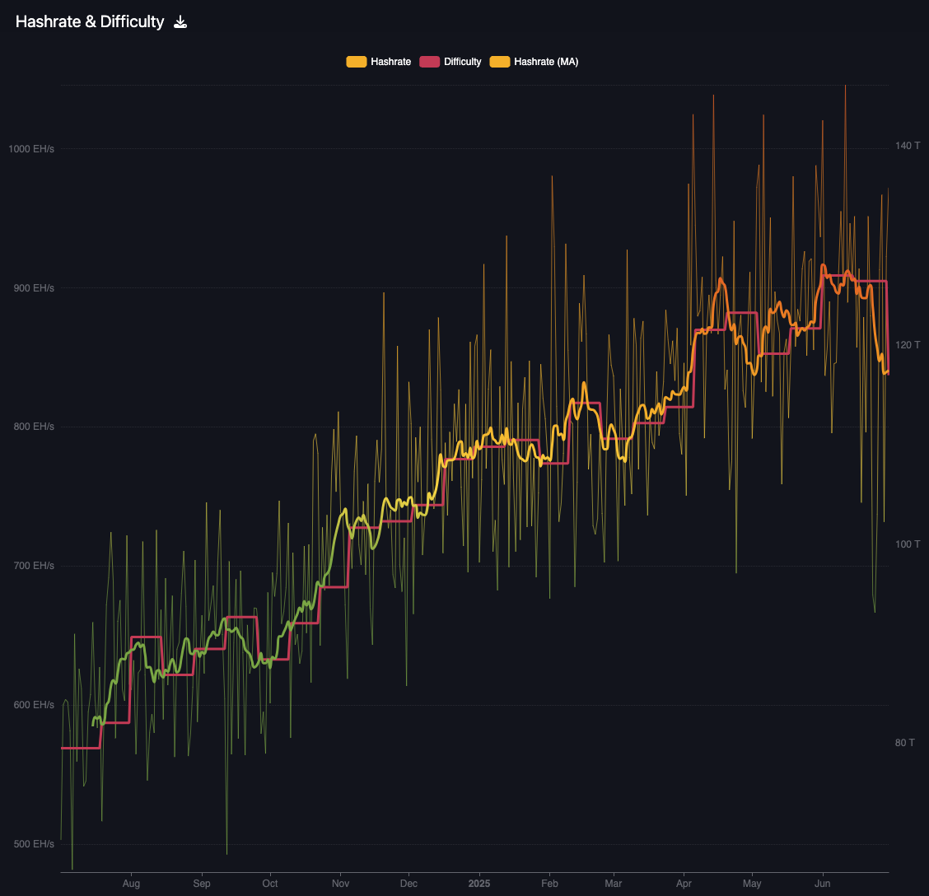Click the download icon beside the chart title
tap(180, 22)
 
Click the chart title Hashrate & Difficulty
tap(90, 22)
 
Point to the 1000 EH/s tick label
tap(31, 149)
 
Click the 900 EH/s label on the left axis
tap(34, 288)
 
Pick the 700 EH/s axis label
tap(34, 566)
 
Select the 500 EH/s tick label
tap(34, 844)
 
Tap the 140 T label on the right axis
tap(908, 146)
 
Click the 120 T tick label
tap(908, 345)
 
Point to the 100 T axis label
tap(908, 544)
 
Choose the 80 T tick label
tap(905, 743)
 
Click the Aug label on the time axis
tap(131, 884)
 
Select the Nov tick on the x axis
tap(339, 884)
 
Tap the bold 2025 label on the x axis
tap(479, 884)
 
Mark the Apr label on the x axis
tap(684, 884)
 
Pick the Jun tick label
tap(822, 884)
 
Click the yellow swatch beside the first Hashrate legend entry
tap(357, 62)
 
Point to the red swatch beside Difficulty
tap(430, 62)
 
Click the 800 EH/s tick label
tap(34, 427)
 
